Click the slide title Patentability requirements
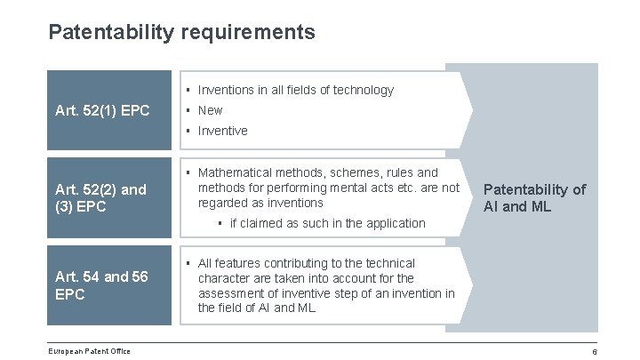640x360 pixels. [x=181, y=33]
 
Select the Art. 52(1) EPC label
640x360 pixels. [x=101, y=111]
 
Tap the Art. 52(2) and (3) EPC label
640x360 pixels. [x=100, y=197]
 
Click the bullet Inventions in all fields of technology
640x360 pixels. [x=295, y=90]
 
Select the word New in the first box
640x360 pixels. [x=211, y=110]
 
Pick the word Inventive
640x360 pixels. [x=222, y=131]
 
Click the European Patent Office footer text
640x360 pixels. [x=90, y=351]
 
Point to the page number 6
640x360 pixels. [x=595, y=351]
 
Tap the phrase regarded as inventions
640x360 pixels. [x=261, y=203]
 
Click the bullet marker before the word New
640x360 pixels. [x=188, y=110]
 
